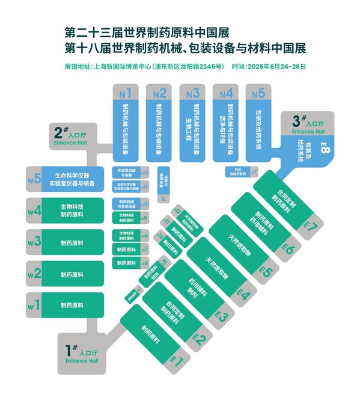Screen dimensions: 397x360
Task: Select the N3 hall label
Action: (192, 93)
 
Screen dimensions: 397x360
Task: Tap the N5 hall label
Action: (258, 93)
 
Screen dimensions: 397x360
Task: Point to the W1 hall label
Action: (34, 306)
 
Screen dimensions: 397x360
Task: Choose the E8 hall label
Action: (325, 147)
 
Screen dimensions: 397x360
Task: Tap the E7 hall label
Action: (311, 227)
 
